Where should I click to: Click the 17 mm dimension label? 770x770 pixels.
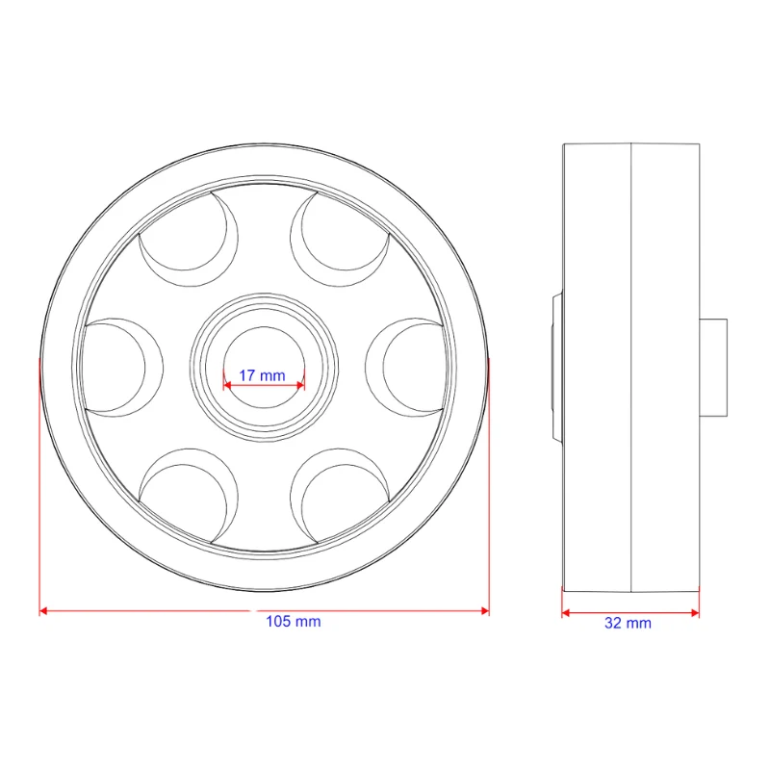(x=262, y=375)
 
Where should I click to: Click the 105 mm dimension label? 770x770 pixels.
(x=294, y=621)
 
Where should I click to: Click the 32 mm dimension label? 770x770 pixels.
(x=628, y=623)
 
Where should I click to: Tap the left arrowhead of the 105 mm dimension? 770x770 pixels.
(x=43, y=611)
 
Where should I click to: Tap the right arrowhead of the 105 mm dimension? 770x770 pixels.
(x=485, y=611)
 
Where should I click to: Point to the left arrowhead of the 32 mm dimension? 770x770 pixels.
(x=566, y=612)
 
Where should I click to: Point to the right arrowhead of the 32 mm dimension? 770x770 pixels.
(x=695, y=612)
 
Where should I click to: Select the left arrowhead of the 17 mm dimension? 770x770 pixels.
(x=227, y=386)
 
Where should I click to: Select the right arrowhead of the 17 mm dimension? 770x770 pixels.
(x=300, y=386)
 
